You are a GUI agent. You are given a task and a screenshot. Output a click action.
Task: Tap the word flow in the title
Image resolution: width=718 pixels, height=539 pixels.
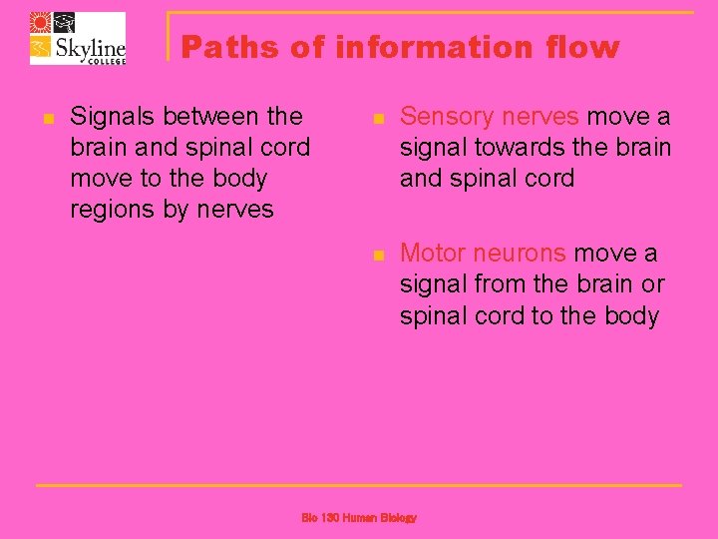(582, 47)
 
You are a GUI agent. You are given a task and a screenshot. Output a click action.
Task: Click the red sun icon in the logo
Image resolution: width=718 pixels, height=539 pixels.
(40, 23)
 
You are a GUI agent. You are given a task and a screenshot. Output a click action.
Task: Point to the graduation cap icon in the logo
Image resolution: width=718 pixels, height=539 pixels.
(63, 23)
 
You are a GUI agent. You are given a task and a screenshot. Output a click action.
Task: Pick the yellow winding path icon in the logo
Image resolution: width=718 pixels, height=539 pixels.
(40, 49)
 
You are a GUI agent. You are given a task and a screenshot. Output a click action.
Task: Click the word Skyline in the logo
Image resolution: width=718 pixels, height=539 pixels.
(89, 46)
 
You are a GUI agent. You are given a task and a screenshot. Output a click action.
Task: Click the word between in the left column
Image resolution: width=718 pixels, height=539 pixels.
(212, 117)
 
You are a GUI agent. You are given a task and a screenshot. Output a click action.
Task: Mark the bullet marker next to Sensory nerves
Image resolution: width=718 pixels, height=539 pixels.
(377, 119)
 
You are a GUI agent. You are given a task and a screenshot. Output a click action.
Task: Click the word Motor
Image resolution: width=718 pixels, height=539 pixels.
(432, 254)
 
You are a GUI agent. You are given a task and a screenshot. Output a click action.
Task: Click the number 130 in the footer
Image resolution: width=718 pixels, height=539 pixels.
(332, 518)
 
